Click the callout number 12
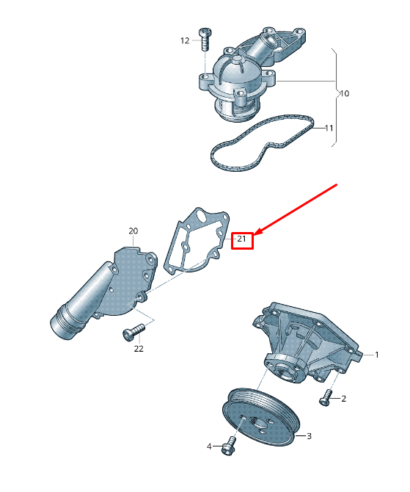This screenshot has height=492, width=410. [x=185, y=40]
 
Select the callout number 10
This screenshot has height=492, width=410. [x=344, y=94]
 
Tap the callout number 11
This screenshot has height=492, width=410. [x=329, y=129]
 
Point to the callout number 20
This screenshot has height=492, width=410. [x=133, y=231]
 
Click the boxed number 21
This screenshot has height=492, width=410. [x=242, y=239]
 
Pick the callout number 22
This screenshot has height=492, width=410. [x=139, y=349]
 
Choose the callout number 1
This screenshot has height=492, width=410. [x=377, y=355]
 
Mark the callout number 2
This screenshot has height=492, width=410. [x=343, y=399]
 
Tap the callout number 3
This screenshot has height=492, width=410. [x=309, y=435]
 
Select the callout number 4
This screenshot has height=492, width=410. [x=209, y=446]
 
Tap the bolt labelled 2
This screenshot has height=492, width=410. [x=326, y=399]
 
